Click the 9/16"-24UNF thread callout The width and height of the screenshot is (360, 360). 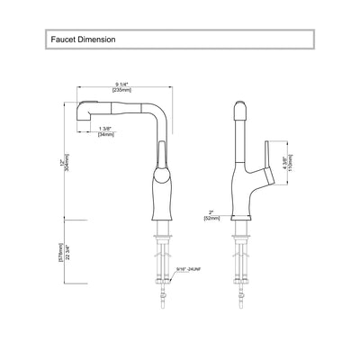point(193,267)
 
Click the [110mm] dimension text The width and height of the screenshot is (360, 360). point(290,164)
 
